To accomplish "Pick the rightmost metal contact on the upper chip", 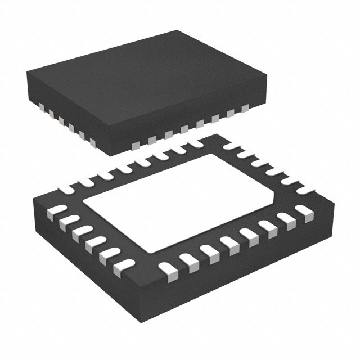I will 245,107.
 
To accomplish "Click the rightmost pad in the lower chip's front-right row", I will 307,211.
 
